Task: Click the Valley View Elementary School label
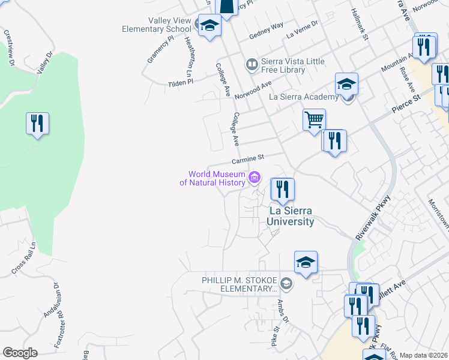point(156,25)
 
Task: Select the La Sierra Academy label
point(304,97)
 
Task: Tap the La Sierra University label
point(291,217)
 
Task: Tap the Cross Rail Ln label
point(24,259)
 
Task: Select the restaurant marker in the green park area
point(37,124)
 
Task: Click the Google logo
point(20,353)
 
